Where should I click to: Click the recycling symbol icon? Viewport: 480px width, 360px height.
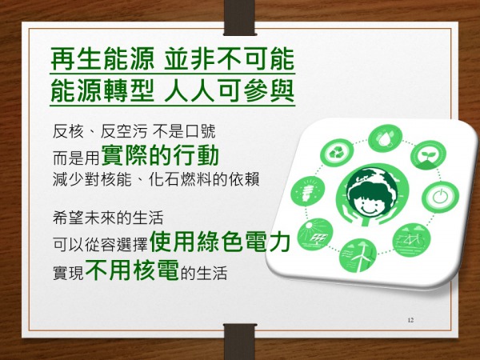click(337, 153)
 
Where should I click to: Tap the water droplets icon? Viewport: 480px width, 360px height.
click(385, 138)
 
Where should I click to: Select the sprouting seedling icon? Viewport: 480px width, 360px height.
click(428, 155)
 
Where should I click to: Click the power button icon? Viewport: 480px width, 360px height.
click(440, 197)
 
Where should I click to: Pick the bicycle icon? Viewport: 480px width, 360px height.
click(411, 240)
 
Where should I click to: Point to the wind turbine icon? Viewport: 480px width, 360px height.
click(358, 255)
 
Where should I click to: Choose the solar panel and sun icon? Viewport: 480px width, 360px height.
click(315, 234)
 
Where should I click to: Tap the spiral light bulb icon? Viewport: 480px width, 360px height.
click(307, 191)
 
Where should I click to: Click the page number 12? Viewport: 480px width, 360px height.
click(410, 320)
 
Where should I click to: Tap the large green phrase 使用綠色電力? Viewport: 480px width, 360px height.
click(220, 242)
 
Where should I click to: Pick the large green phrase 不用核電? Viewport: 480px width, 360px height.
click(132, 269)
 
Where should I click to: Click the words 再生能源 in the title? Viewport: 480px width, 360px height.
click(102, 58)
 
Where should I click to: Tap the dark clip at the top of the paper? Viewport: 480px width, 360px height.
click(240, 18)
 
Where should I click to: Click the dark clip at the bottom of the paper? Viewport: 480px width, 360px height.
click(240, 342)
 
